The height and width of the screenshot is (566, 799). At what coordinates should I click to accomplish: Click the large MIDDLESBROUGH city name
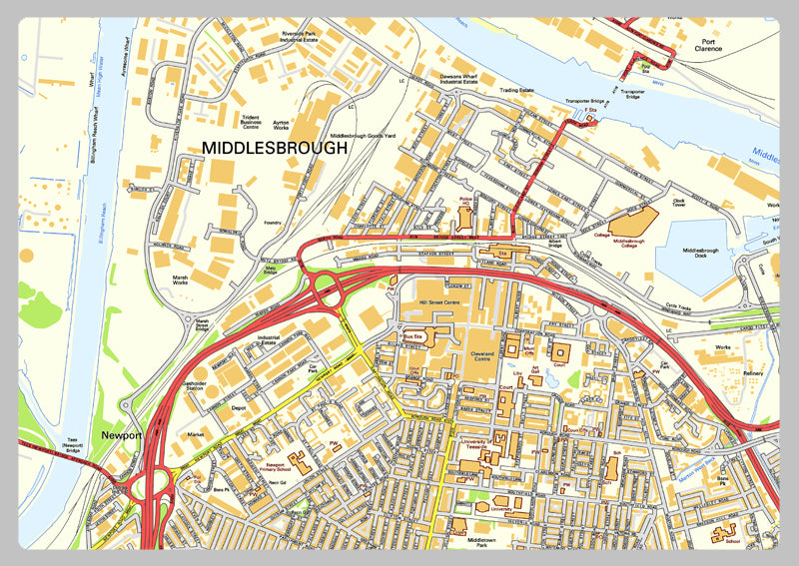tap(275, 147)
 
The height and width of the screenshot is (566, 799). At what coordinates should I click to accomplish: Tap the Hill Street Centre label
tap(438, 300)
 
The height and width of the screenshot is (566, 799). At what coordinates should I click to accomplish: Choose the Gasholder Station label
tap(198, 389)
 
